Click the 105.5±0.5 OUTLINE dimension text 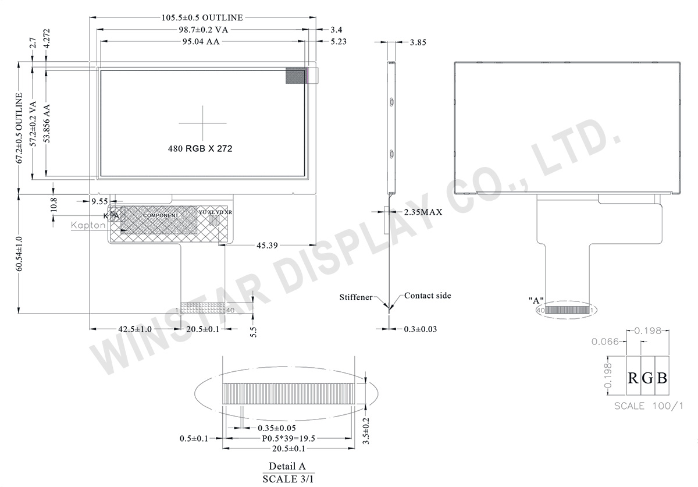202,18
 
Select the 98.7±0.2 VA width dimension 202,29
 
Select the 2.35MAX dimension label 423,212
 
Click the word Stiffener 356,297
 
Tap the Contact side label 428,296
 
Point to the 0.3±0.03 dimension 421,329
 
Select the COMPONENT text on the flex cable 161,215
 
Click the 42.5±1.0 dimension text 135,329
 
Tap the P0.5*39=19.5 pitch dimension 288,438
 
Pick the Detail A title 287,467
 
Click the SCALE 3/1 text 287,479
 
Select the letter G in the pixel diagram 647,378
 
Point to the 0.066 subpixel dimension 604,342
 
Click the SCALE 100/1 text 649,406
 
